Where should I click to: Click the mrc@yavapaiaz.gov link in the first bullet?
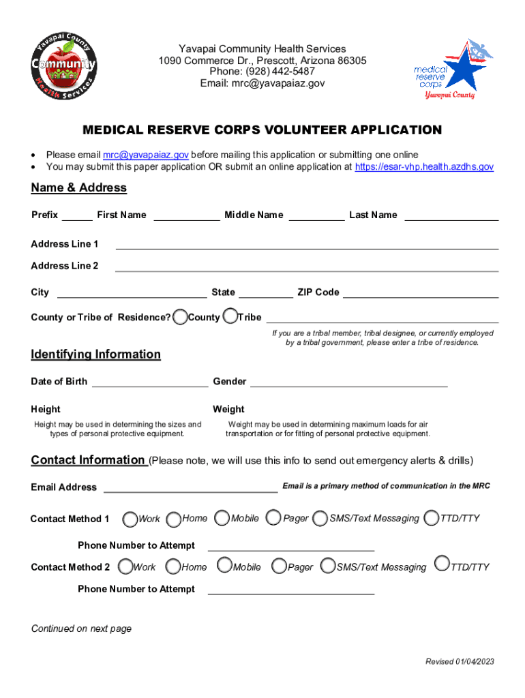pyautogui.click(x=146, y=155)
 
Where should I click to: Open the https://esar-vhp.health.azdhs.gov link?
pyautogui.click(x=424, y=166)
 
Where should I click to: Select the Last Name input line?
pyautogui.click(x=451, y=216)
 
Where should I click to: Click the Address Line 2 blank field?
pyautogui.click(x=307, y=267)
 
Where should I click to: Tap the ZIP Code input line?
pyautogui.click(x=421, y=293)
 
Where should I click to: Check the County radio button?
pyautogui.click(x=180, y=316)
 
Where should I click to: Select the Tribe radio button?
pyautogui.click(x=230, y=316)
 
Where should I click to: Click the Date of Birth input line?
pyautogui.click(x=150, y=382)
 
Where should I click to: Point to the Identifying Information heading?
pyautogui.click(x=96, y=354)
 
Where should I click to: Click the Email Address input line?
pyautogui.click(x=190, y=487)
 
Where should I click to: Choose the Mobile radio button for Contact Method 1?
pyautogui.click(x=222, y=519)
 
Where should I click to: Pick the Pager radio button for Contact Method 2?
pyautogui.click(x=278, y=566)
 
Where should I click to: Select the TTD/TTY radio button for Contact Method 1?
pyautogui.click(x=431, y=519)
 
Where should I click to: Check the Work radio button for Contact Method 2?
pyautogui.click(x=125, y=566)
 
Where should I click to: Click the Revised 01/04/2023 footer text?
pyautogui.click(x=460, y=662)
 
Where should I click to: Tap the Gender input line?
pyautogui.click(x=349, y=382)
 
